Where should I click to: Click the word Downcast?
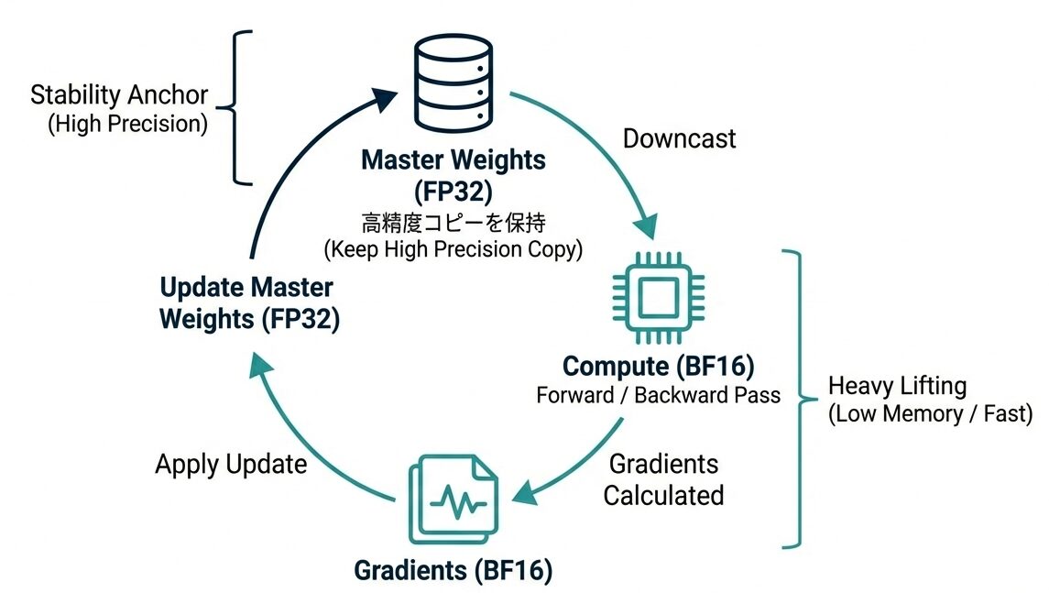click(x=679, y=139)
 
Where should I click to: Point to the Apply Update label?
click(x=231, y=464)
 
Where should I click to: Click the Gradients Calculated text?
click(x=663, y=479)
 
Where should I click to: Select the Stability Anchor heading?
click(x=119, y=95)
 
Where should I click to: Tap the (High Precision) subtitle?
click(x=127, y=124)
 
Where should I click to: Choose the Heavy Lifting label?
click(x=897, y=386)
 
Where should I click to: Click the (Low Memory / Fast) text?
click(x=930, y=413)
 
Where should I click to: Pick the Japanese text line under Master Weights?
click(x=453, y=221)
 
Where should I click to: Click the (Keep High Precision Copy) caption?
click(x=453, y=249)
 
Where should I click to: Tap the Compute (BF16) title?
click(x=658, y=367)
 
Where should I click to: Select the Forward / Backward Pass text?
click(x=658, y=395)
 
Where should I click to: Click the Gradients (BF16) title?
click(x=453, y=571)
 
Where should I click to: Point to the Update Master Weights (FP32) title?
click(x=246, y=303)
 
